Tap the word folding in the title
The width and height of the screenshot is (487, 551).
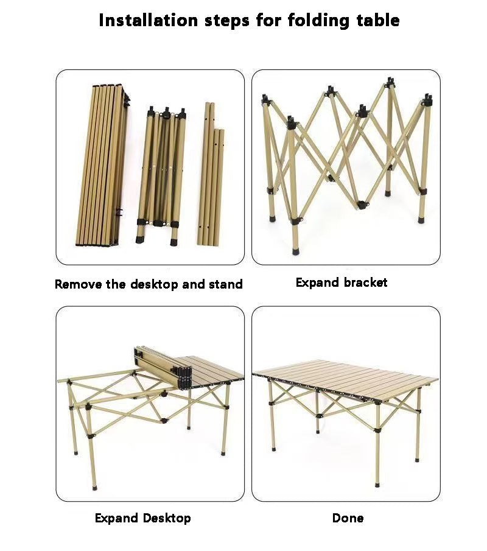[316, 20]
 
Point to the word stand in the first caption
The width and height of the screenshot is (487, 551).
[225, 284]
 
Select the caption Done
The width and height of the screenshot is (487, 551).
[348, 518]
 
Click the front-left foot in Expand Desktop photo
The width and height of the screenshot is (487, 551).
[94, 486]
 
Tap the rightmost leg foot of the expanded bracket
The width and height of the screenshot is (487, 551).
[420, 220]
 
